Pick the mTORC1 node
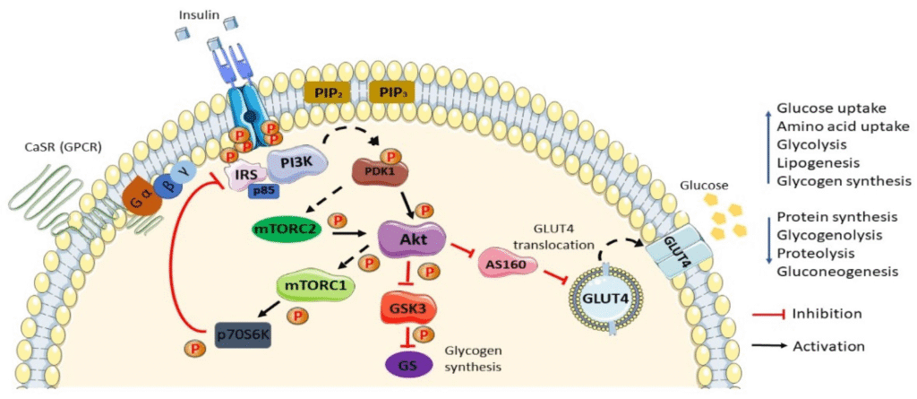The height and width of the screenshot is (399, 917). [311, 288]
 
